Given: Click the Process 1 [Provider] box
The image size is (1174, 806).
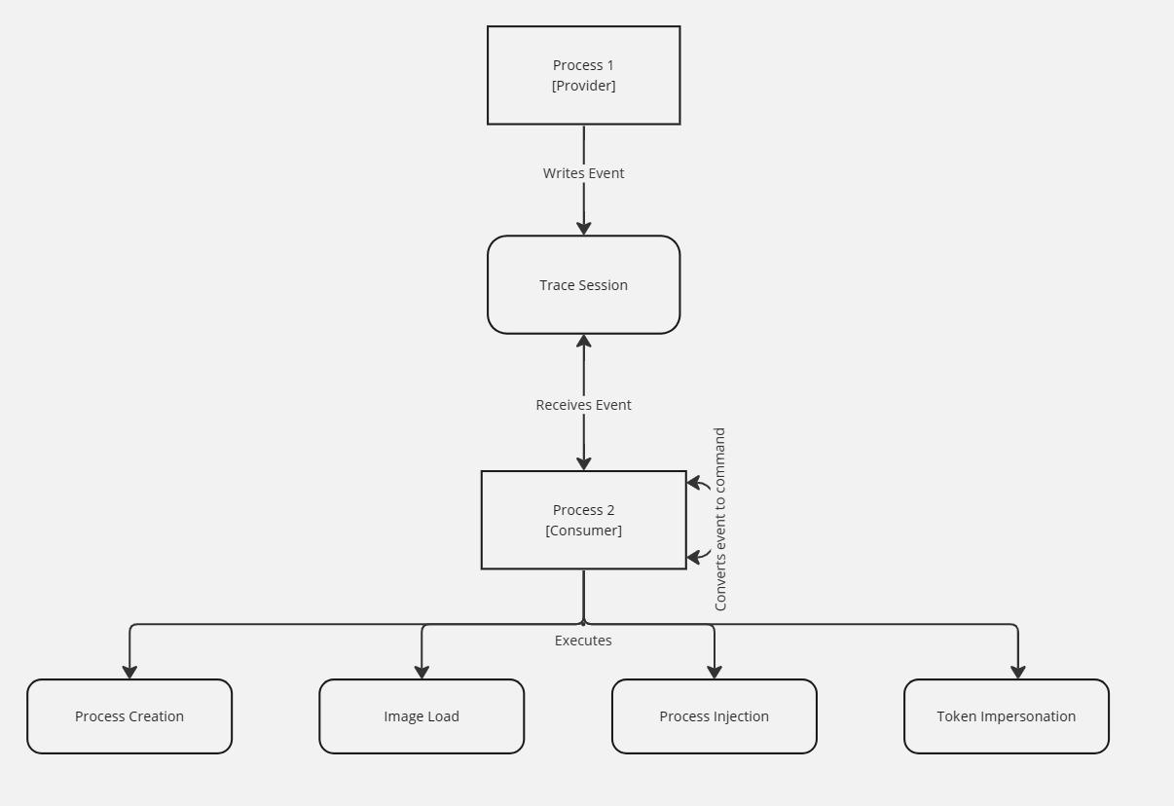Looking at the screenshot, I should (x=583, y=75).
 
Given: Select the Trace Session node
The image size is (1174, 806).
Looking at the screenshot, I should (x=583, y=284).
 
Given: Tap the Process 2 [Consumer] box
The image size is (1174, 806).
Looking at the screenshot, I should (x=583, y=520).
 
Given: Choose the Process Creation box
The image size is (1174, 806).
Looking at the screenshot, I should (x=129, y=716).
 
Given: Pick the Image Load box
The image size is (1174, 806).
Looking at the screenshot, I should (x=422, y=716).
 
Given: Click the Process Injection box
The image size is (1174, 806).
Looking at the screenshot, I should (x=714, y=716).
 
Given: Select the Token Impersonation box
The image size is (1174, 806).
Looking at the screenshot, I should (x=1006, y=716).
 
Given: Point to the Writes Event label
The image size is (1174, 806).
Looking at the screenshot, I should (x=583, y=173).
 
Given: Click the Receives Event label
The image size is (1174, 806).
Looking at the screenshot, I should (x=583, y=405).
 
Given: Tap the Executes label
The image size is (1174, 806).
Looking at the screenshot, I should (x=583, y=641).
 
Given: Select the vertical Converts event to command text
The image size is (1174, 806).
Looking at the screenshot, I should (x=720, y=519).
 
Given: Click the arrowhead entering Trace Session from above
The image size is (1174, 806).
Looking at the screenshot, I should (x=584, y=229).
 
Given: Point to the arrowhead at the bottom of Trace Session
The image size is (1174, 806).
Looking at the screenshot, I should (x=584, y=342).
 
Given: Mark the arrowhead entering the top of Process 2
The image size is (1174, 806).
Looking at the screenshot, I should (x=584, y=464).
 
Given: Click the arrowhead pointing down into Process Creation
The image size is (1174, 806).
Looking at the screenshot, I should (x=129, y=673).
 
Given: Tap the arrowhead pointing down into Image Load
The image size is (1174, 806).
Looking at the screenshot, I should (x=422, y=673).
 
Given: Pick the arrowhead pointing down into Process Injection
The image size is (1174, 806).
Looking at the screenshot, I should (x=715, y=673).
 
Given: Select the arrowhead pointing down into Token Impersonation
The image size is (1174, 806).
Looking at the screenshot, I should (x=1018, y=673).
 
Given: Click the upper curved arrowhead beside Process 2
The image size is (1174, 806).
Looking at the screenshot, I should (x=693, y=482).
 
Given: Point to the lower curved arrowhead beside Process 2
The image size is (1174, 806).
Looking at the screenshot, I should (x=693, y=558).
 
